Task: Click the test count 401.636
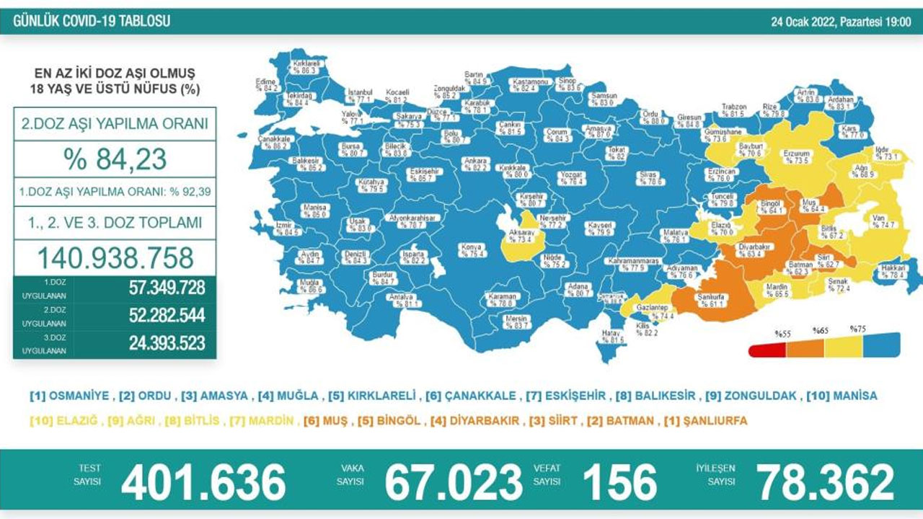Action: [203, 482]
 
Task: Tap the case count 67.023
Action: [453, 482]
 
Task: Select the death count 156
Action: [619, 482]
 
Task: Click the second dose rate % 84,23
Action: [114, 159]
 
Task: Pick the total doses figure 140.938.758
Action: [114, 257]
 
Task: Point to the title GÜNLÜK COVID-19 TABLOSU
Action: [92, 21]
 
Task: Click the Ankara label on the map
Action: [477, 164]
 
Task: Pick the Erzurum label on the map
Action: [798, 158]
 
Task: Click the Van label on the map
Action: [883, 221]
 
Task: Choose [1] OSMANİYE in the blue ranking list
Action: [69, 396]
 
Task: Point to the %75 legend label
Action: [858, 329]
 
